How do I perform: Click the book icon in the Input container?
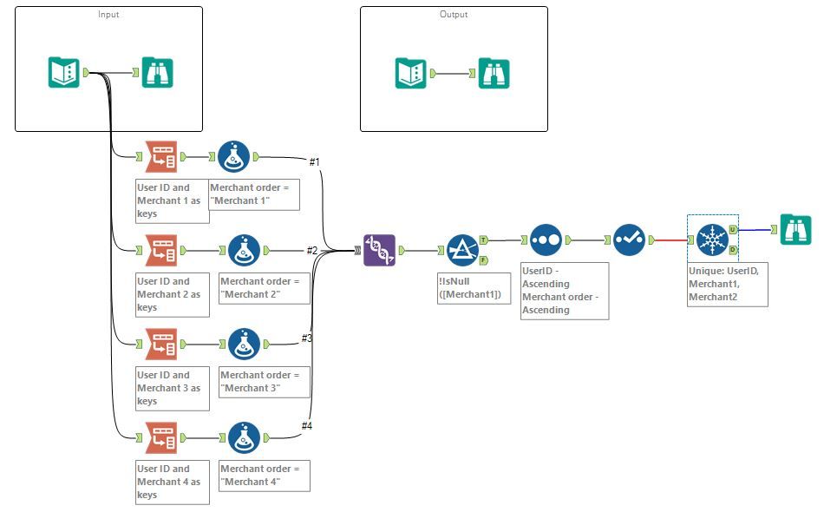coord(63,73)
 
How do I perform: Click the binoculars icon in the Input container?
coord(157,73)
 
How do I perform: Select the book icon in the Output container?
coord(410,73)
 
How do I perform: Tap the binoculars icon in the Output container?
coord(494,73)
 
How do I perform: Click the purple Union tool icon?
coord(379,251)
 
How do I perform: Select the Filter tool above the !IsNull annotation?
coord(462,251)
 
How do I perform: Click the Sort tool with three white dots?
coord(546,240)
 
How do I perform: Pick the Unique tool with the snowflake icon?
coord(711,240)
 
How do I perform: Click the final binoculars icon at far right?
coord(795,229)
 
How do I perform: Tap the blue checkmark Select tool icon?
coord(629,240)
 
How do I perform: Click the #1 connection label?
coord(315,162)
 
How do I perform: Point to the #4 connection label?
coord(307,425)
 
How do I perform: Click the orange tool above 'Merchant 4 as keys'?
coord(160,438)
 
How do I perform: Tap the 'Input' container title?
coord(108,15)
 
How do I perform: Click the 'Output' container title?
coord(454,15)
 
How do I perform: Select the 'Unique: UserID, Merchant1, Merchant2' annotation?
coord(727,284)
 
